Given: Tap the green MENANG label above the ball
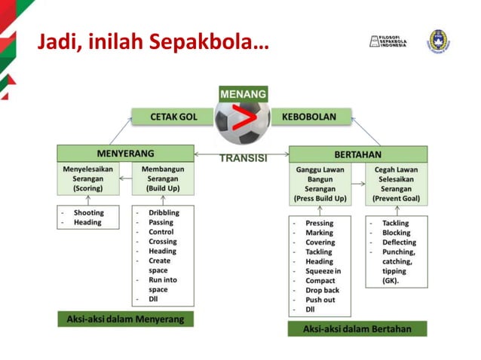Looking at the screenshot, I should click(x=243, y=94).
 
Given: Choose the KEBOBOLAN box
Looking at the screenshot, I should click(x=308, y=117).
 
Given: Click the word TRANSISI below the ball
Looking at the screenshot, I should click(x=243, y=159).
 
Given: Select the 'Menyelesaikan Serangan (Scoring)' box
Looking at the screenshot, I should click(x=87, y=179).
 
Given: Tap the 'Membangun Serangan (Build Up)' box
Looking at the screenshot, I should click(x=162, y=179).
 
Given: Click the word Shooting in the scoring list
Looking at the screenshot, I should click(x=88, y=213).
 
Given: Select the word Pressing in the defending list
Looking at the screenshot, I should click(x=319, y=224).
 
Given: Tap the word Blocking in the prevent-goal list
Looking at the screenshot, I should click(x=396, y=233).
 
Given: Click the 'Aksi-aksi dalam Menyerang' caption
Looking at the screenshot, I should click(x=125, y=319).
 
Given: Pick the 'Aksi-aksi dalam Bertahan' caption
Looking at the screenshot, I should click(x=357, y=328).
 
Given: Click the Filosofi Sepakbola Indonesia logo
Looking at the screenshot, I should click(x=388, y=41).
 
